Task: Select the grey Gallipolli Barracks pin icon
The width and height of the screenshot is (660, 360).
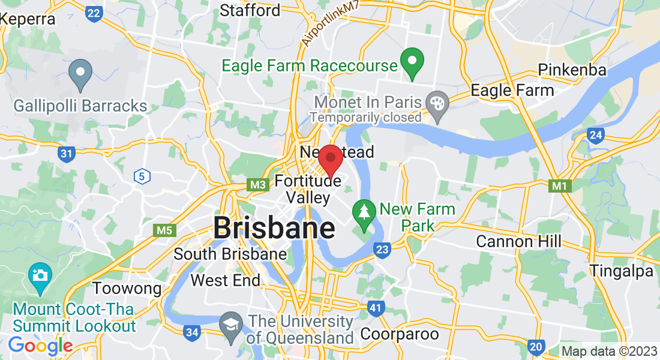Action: tap(80, 74)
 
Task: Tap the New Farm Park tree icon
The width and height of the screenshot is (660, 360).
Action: tap(364, 212)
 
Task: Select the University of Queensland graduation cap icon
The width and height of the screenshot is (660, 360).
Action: tap(231, 325)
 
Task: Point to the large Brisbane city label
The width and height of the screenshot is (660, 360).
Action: tap(274, 229)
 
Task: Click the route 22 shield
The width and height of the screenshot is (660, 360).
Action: tap(94, 13)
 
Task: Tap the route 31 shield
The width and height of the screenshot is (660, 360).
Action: tap(67, 154)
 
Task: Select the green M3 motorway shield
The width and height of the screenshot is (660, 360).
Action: tap(259, 185)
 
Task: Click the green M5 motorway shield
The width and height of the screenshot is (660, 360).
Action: tap(164, 230)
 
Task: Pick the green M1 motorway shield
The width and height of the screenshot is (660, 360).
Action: tap(559, 186)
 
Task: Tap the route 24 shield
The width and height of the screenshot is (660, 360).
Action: tap(595, 136)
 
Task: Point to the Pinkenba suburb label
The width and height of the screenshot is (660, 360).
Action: tap(572, 70)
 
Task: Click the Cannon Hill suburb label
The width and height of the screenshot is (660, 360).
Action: tap(518, 242)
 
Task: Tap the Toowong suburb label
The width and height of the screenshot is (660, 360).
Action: tap(127, 289)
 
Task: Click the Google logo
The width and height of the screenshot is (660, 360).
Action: tap(40, 346)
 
